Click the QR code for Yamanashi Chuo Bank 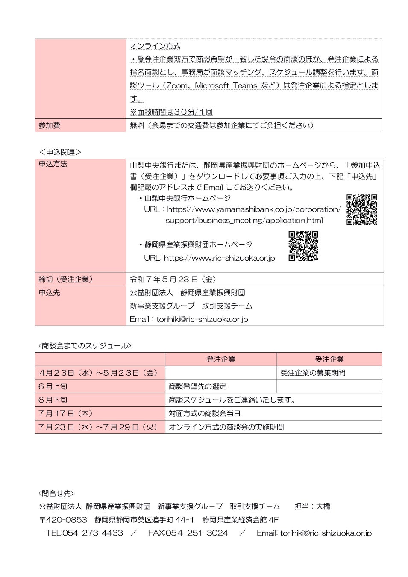click(x=361, y=209)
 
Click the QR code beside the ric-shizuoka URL click(x=303, y=246)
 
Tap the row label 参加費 click(x=49, y=125)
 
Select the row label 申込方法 click(x=53, y=164)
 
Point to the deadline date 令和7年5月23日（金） click(x=173, y=279)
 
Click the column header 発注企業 click(x=220, y=359)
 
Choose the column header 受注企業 click(x=329, y=359)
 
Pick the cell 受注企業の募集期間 click(x=313, y=373)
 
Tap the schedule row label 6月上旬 click(x=53, y=386)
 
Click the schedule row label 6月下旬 click(x=53, y=400)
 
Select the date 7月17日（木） click(x=65, y=413)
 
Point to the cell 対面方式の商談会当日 click(x=205, y=413)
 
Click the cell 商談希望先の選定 click(x=197, y=386)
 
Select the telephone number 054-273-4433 click(x=92, y=533)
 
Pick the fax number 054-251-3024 click(x=197, y=533)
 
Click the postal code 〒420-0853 click(x=63, y=520)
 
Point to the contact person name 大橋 click(x=323, y=506)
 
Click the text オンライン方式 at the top click(x=155, y=46)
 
